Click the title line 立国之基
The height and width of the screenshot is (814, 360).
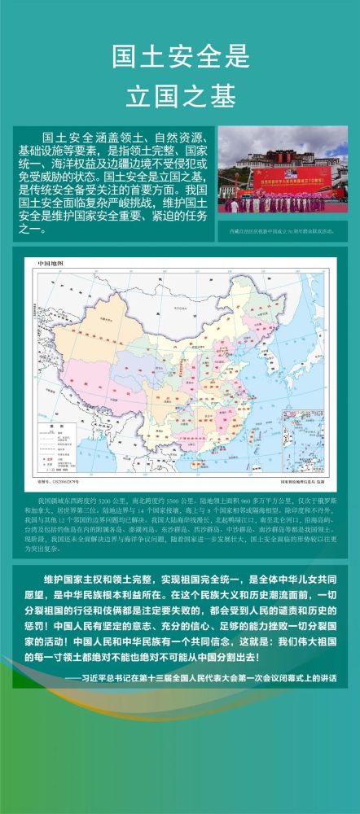179,94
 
